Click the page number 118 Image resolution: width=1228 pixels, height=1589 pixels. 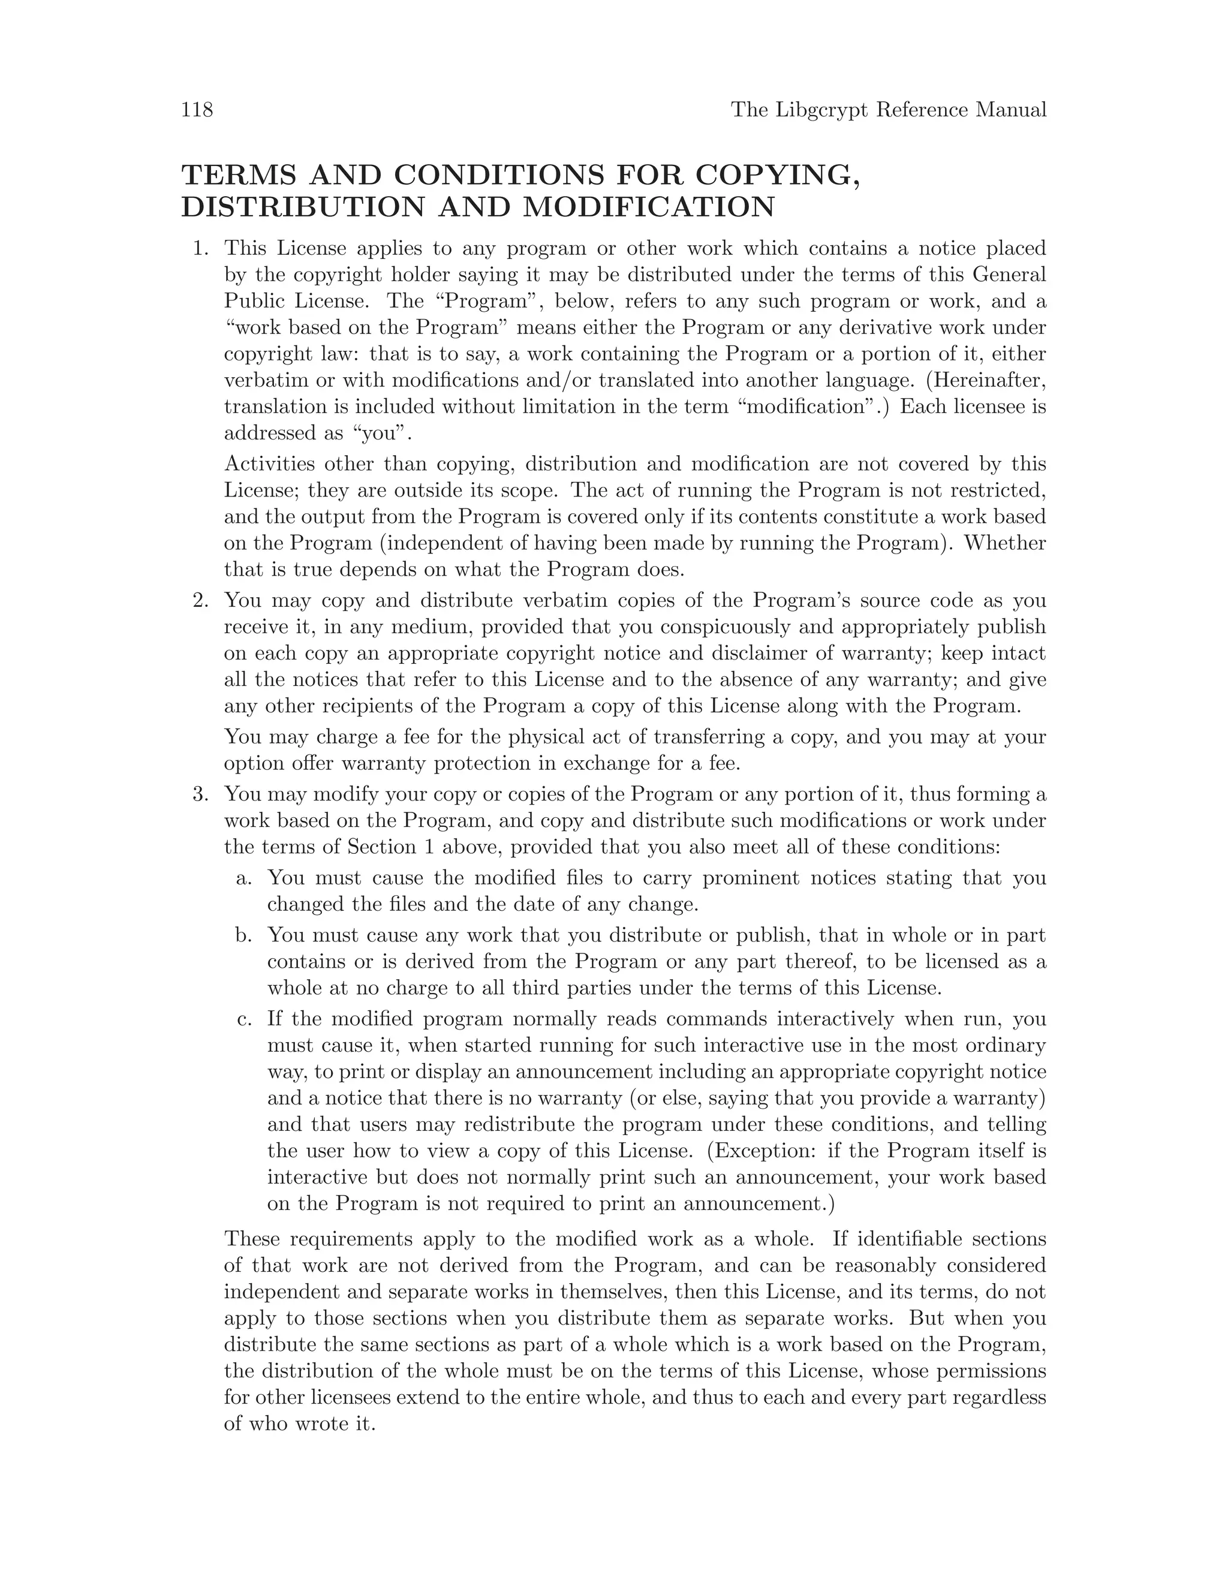tap(197, 110)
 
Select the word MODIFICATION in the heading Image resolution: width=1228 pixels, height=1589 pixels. tap(649, 207)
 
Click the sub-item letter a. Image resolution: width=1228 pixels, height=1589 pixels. tap(243, 878)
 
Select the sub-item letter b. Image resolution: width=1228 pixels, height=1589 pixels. tap(243, 935)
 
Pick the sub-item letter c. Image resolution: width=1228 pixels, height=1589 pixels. tap(243, 1019)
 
